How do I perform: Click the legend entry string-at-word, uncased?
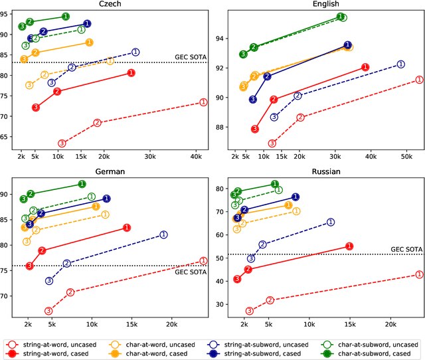point(59,343)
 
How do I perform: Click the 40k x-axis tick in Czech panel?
point(196,157)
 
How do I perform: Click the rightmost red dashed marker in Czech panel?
point(203,102)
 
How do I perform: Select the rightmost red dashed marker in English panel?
point(418,79)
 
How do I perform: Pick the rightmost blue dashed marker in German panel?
point(163,234)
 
